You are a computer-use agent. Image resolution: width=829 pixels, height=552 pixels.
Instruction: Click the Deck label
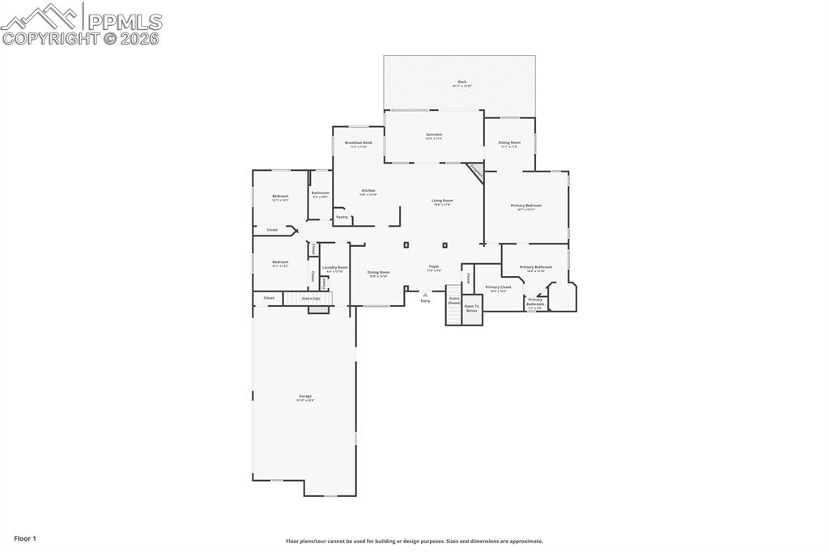[x=461, y=83]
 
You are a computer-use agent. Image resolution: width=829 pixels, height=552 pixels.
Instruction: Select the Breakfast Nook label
[x=358, y=143]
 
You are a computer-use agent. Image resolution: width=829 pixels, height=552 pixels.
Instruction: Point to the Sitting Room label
[x=509, y=143]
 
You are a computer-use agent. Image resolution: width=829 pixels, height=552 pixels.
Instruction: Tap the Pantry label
[x=342, y=217]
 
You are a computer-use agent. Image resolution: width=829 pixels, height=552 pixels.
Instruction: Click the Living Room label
[x=442, y=202]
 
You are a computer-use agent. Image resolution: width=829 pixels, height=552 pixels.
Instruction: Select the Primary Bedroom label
[x=526, y=206]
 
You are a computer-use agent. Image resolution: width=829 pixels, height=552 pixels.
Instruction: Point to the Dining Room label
[x=378, y=274]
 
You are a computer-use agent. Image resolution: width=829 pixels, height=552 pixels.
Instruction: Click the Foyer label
[x=434, y=267]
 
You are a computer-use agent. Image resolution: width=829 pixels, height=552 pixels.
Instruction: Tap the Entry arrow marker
[x=425, y=295]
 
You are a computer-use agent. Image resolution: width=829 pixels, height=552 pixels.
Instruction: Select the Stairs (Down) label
[x=454, y=300]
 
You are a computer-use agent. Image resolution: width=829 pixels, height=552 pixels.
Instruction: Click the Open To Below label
[x=471, y=308]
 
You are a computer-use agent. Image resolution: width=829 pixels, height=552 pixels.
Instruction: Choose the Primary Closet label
[x=498, y=288]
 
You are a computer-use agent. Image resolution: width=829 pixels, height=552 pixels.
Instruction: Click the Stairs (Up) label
[x=311, y=299]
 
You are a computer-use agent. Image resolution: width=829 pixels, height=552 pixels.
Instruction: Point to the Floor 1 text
[x=24, y=538]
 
